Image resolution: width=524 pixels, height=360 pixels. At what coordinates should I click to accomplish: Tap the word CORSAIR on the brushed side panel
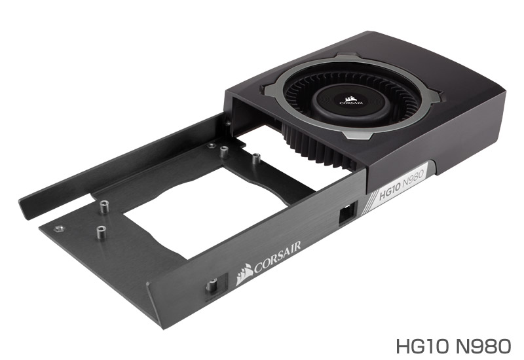pyautogui.click(x=277, y=257)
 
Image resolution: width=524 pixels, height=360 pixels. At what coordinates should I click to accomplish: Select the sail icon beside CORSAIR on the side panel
pyautogui.click(x=244, y=274)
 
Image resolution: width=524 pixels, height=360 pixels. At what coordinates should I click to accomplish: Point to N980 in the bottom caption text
pyautogui.click(x=483, y=346)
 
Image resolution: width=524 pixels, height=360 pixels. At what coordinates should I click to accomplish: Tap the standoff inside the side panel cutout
pyautogui.click(x=213, y=285)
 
